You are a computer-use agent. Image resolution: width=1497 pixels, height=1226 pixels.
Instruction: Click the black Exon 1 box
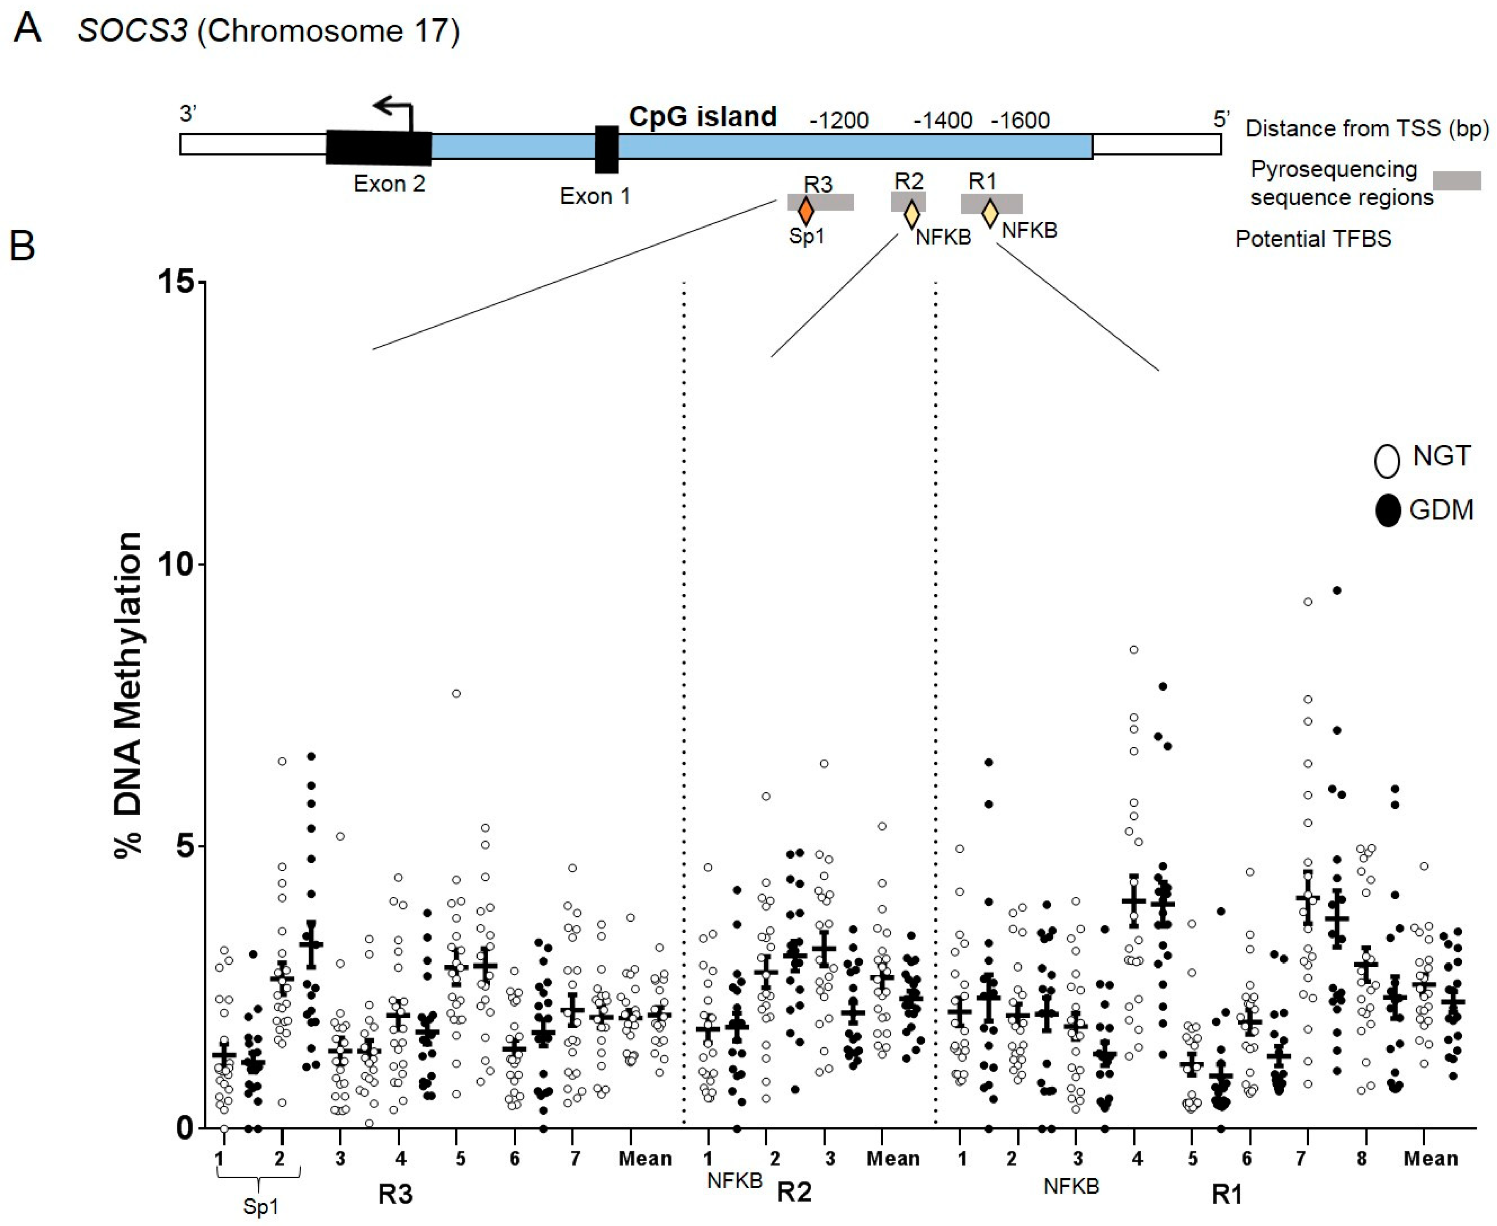(606, 149)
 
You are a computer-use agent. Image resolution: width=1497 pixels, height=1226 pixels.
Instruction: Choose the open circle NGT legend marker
(1387, 461)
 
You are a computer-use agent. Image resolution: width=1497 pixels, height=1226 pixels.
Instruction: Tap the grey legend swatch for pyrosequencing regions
(1457, 181)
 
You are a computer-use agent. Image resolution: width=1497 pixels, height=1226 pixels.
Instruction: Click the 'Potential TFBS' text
(1312, 239)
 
